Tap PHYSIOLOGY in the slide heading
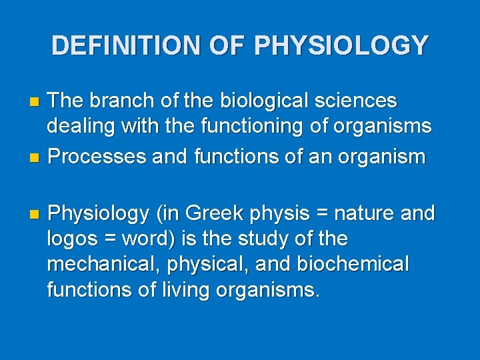(341, 45)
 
